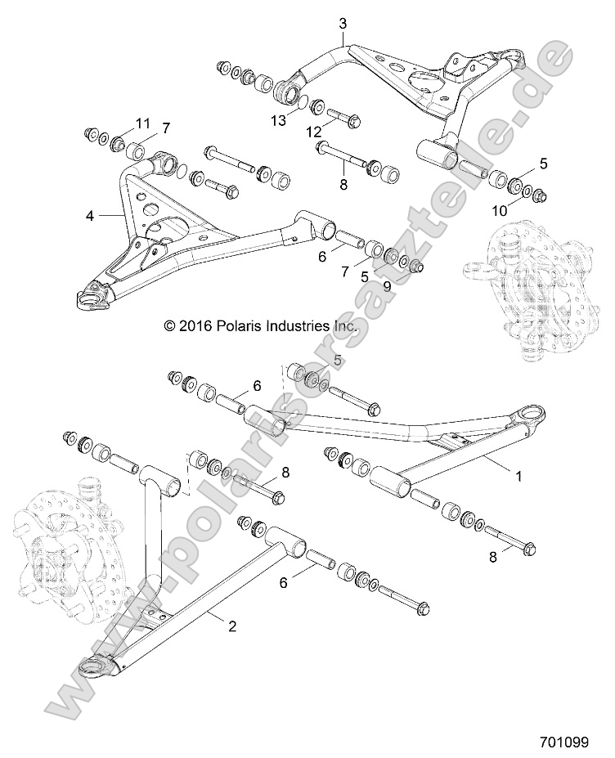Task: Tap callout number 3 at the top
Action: click(x=343, y=24)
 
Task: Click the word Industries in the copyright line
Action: click(x=299, y=326)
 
